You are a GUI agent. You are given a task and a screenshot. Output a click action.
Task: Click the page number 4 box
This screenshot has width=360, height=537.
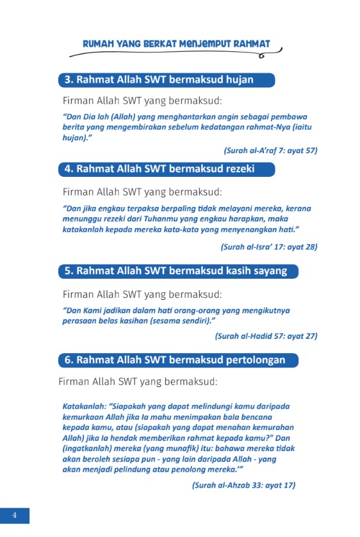coord(14,516)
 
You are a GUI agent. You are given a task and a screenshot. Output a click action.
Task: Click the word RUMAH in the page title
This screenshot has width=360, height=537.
coord(98,44)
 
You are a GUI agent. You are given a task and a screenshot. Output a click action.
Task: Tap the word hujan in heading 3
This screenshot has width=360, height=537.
coord(235,80)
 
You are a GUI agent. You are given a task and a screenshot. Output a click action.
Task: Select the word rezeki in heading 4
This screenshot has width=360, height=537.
coord(235,169)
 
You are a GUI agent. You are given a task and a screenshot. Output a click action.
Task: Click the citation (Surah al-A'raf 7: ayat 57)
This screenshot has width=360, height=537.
coord(270,151)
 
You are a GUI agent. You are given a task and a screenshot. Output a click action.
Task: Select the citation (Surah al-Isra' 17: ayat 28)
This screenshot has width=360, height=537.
coord(269,246)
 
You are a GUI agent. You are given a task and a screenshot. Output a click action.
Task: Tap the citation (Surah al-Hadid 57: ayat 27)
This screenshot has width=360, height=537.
coord(266,336)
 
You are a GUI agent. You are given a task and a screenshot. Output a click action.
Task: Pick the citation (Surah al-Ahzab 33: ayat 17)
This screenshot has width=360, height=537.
coord(243,486)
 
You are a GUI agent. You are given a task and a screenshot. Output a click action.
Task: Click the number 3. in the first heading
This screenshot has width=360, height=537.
coord(69,80)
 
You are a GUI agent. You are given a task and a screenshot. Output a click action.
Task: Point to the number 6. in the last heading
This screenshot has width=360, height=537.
coord(69,360)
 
